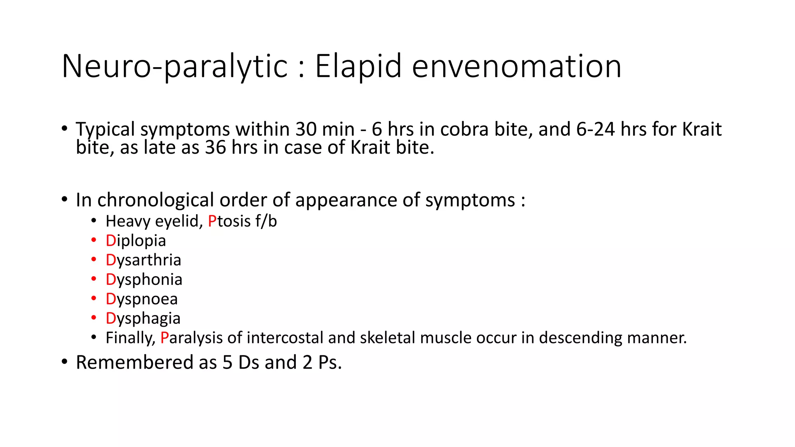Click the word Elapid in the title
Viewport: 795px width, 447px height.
point(358,66)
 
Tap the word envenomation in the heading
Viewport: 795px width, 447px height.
point(516,66)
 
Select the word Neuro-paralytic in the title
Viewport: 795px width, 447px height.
point(174,66)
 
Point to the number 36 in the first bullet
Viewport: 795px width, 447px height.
point(215,147)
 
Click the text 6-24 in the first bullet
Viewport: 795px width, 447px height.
point(595,129)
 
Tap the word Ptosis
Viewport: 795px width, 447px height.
point(229,221)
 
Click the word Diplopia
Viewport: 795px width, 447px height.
point(135,241)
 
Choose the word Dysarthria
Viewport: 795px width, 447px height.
point(143,260)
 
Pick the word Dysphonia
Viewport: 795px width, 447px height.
point(144,280)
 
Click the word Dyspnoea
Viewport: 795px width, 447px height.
point(141,299)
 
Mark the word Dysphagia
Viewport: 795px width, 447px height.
point(143,319)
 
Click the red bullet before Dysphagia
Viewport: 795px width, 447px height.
point(94,318)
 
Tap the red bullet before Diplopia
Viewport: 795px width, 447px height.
point(94,240)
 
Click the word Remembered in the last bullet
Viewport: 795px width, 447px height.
point(134,362)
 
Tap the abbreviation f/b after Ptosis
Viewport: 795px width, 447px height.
point(266,221)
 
